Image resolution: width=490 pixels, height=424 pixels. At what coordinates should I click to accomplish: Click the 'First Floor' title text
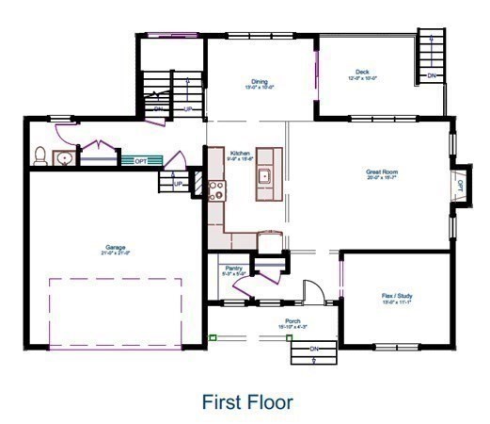point(247,401)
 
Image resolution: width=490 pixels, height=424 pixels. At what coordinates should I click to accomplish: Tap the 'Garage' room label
point(116,248)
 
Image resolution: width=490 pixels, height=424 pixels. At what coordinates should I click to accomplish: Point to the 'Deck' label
point(362,72)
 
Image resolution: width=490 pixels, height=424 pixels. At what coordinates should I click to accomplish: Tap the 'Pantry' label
point(235,268)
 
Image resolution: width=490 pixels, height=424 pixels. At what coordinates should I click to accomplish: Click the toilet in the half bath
point(40,157)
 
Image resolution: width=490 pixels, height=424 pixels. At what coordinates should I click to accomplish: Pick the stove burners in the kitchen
point(217,191)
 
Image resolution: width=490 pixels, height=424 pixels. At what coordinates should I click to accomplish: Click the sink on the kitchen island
point(266,175)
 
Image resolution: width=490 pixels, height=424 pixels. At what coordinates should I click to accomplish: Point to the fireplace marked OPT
point(460,187)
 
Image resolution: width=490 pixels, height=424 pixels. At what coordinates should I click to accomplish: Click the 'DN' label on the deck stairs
point(432,75)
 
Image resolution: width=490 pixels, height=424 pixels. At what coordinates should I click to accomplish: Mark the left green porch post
point(213,336)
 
